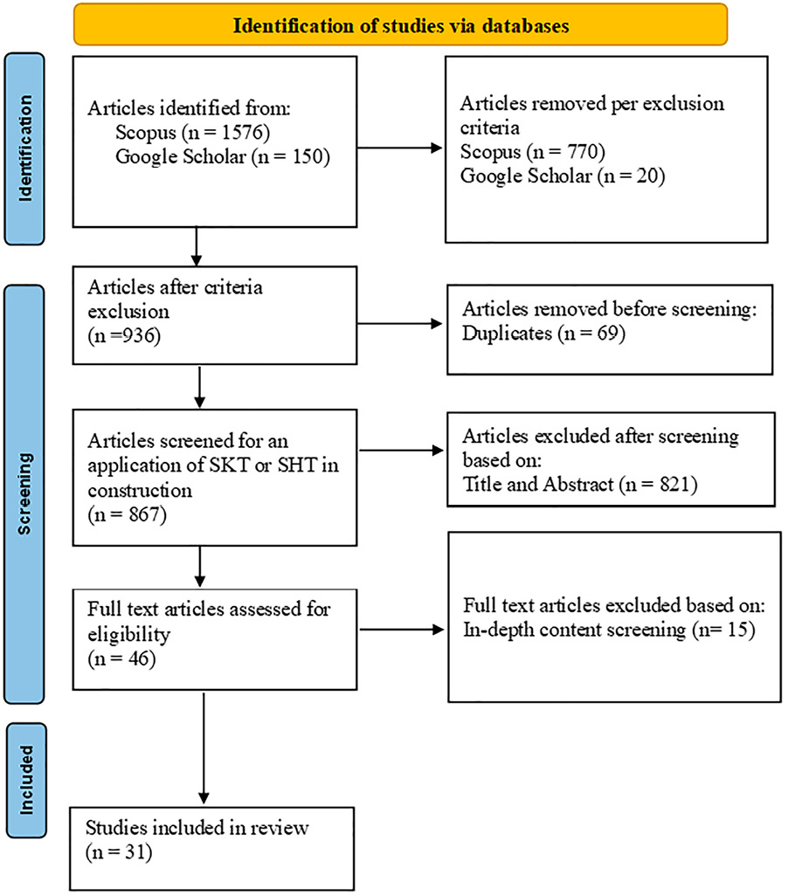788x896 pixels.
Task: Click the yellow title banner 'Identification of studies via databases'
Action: point(400,24)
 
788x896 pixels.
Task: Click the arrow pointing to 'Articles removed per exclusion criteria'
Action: point(401,148)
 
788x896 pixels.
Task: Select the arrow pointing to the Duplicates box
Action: point(401,322)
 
